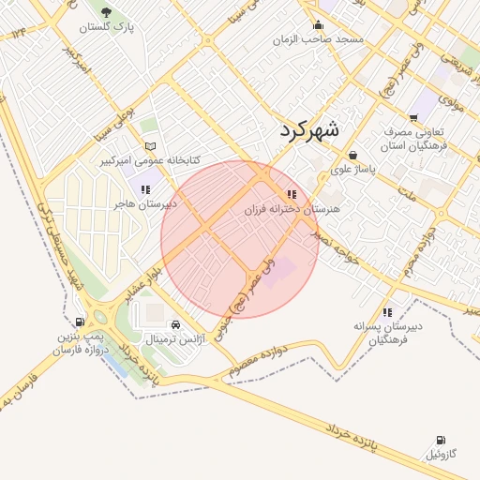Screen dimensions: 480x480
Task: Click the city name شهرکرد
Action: [x=309, y=130]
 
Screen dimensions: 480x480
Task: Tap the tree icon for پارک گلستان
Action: [x=106, y=12]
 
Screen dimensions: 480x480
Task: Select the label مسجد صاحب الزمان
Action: [x=319, y=41]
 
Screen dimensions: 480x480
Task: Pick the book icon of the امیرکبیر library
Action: [x=151, y=146]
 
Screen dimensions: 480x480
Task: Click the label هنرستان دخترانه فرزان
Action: [x=291, y=210]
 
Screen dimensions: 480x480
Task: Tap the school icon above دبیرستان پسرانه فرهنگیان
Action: [x=387, y=312]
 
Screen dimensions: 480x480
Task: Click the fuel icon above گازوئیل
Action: [x=441, y=440]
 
